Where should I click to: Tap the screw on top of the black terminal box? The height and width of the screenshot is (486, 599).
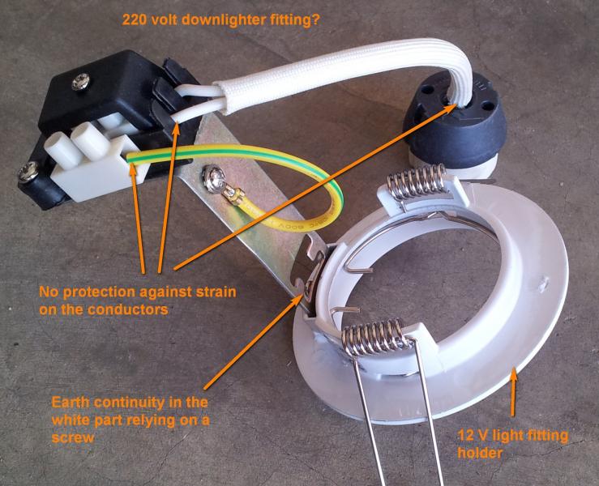click(80, 82)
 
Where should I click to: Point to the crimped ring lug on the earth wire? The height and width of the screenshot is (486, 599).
click(233, 195)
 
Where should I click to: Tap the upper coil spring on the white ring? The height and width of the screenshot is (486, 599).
click(417, 181)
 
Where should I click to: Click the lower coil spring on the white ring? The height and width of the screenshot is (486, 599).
click(373, 337)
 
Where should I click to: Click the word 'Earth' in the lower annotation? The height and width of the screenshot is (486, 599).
click(71, 403)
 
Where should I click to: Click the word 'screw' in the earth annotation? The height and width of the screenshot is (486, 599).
click(73, 437)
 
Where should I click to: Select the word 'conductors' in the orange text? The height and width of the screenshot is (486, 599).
click(128, 309)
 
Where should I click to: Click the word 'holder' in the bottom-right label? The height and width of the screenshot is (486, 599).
click(480, 454)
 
